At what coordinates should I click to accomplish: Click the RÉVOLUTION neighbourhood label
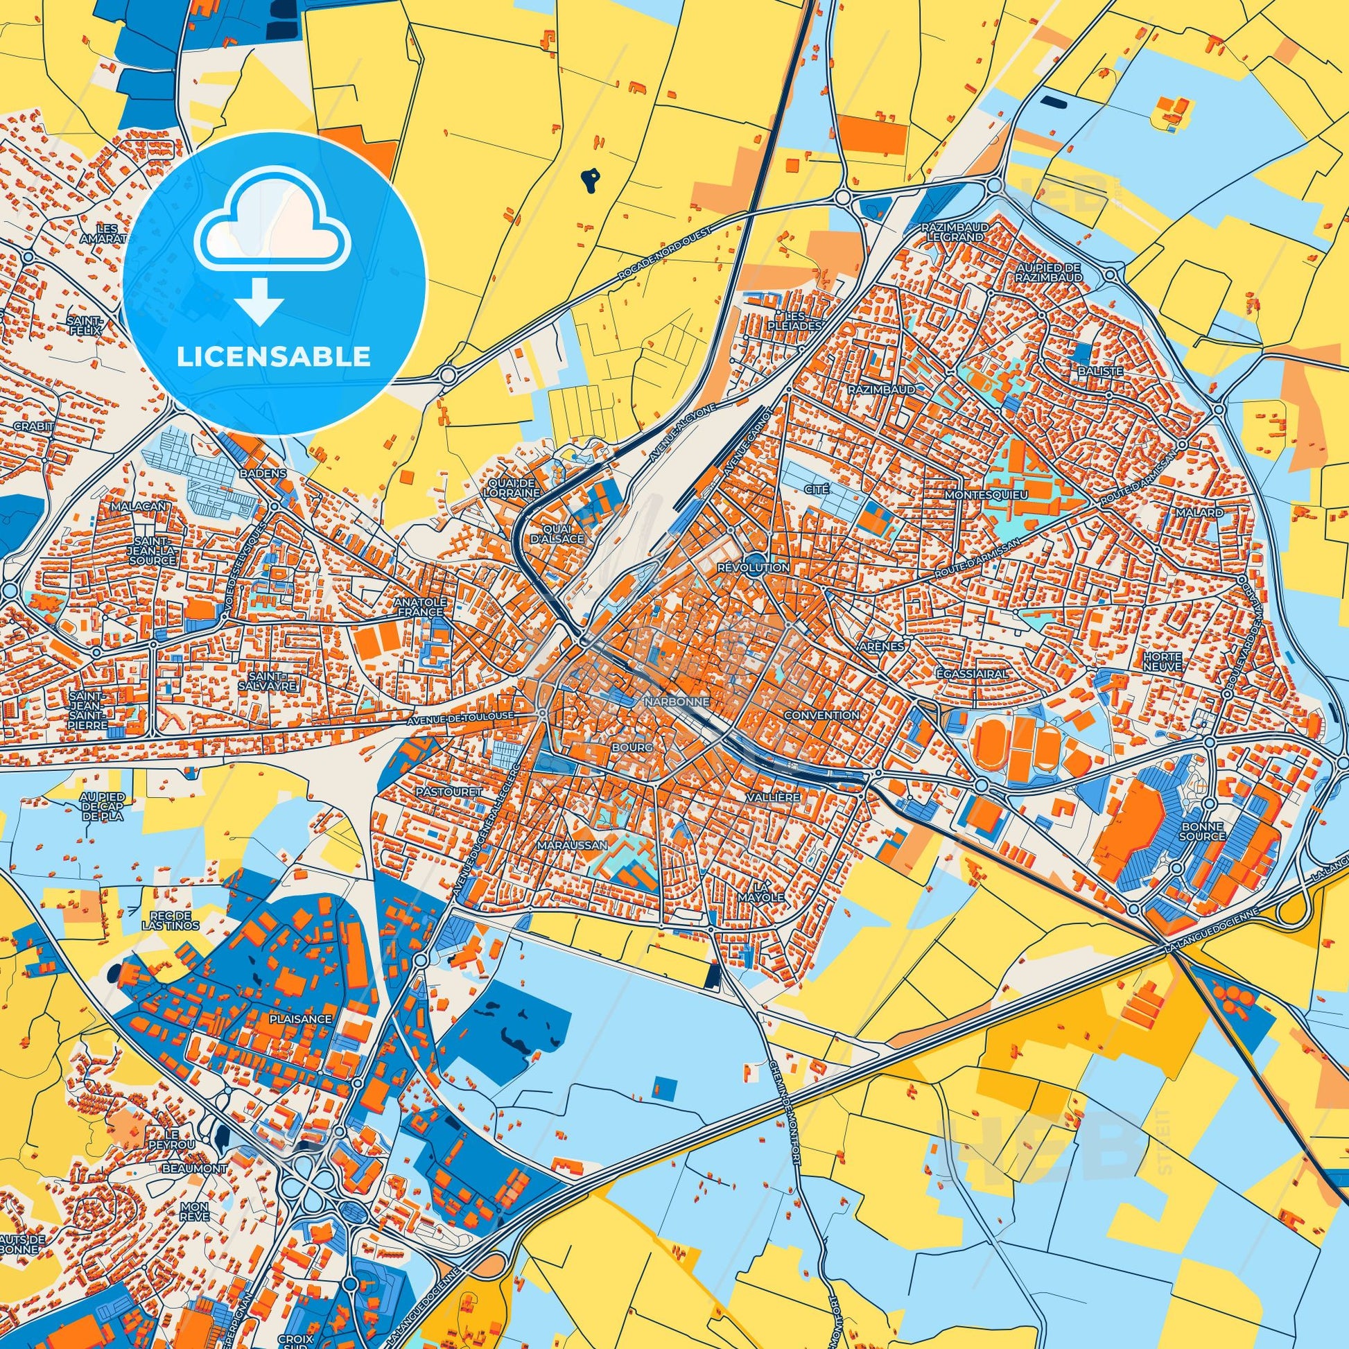click(754, 568)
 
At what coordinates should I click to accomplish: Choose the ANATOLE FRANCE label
click(418, 607)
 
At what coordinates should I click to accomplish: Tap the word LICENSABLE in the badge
click(273, 357)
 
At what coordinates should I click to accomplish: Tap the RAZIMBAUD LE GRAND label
click(952, 232)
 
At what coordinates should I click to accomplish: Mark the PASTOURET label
click(439, 792)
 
